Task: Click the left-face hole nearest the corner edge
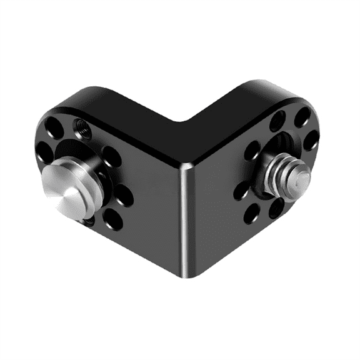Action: pos(124,196)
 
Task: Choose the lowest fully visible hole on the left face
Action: pos(113,218)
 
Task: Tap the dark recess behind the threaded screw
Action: pos(275,150)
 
